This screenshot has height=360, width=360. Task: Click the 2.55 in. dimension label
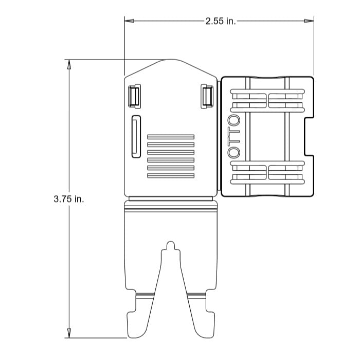point(221,22)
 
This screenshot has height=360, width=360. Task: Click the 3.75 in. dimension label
point(69,199)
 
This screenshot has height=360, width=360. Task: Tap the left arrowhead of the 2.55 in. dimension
point(129,21)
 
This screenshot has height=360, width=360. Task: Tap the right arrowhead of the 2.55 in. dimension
point(309,21)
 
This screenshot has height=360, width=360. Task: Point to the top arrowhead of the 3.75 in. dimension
point(69,64)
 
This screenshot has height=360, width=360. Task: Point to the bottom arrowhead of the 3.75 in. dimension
point(69,333)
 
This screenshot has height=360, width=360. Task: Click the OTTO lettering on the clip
point(234,137)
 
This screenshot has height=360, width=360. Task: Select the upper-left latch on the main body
point(134,97)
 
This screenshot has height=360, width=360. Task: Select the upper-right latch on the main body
point(207,97)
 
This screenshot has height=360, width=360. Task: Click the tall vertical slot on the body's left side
point(136,137)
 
